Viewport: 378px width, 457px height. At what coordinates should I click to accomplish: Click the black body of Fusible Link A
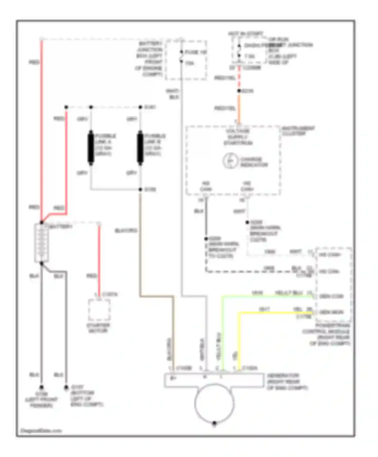[x=91, y=148]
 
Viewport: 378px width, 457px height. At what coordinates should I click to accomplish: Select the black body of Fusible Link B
[x=140, y=148]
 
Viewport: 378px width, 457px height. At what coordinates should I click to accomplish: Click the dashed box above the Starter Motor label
[x=99, y=310]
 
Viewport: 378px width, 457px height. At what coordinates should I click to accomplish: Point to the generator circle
[x=214, y=403]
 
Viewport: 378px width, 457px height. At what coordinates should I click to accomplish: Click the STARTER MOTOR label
[x=98, y=328]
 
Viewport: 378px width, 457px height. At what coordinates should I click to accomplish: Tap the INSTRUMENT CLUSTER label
[x=298, y=131]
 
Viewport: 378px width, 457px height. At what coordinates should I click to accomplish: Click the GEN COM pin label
[x=331, y=297]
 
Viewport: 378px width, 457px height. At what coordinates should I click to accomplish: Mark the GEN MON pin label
[x=331, y=312]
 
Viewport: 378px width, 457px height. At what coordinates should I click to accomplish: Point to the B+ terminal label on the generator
[x=173, y=378]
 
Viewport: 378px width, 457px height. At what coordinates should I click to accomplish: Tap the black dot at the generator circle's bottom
[x=214, y=423]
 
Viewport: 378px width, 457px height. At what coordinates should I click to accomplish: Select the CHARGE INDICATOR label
[x=254, y=162]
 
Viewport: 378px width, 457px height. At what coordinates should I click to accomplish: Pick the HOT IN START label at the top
[x=246, y=34]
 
